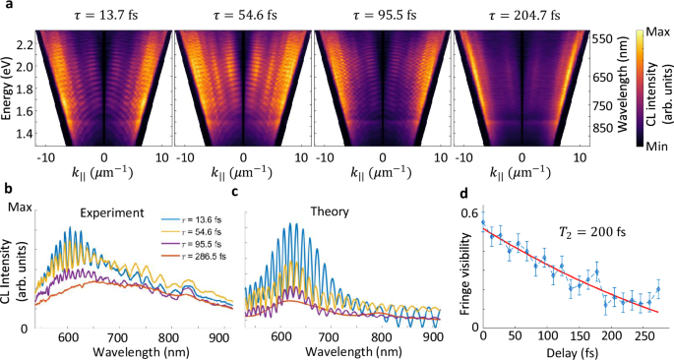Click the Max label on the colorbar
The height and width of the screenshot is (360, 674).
coord(646,32)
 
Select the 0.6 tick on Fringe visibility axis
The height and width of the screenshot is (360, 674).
coord(469,214)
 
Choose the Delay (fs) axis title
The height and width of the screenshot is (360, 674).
coord(569,352)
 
